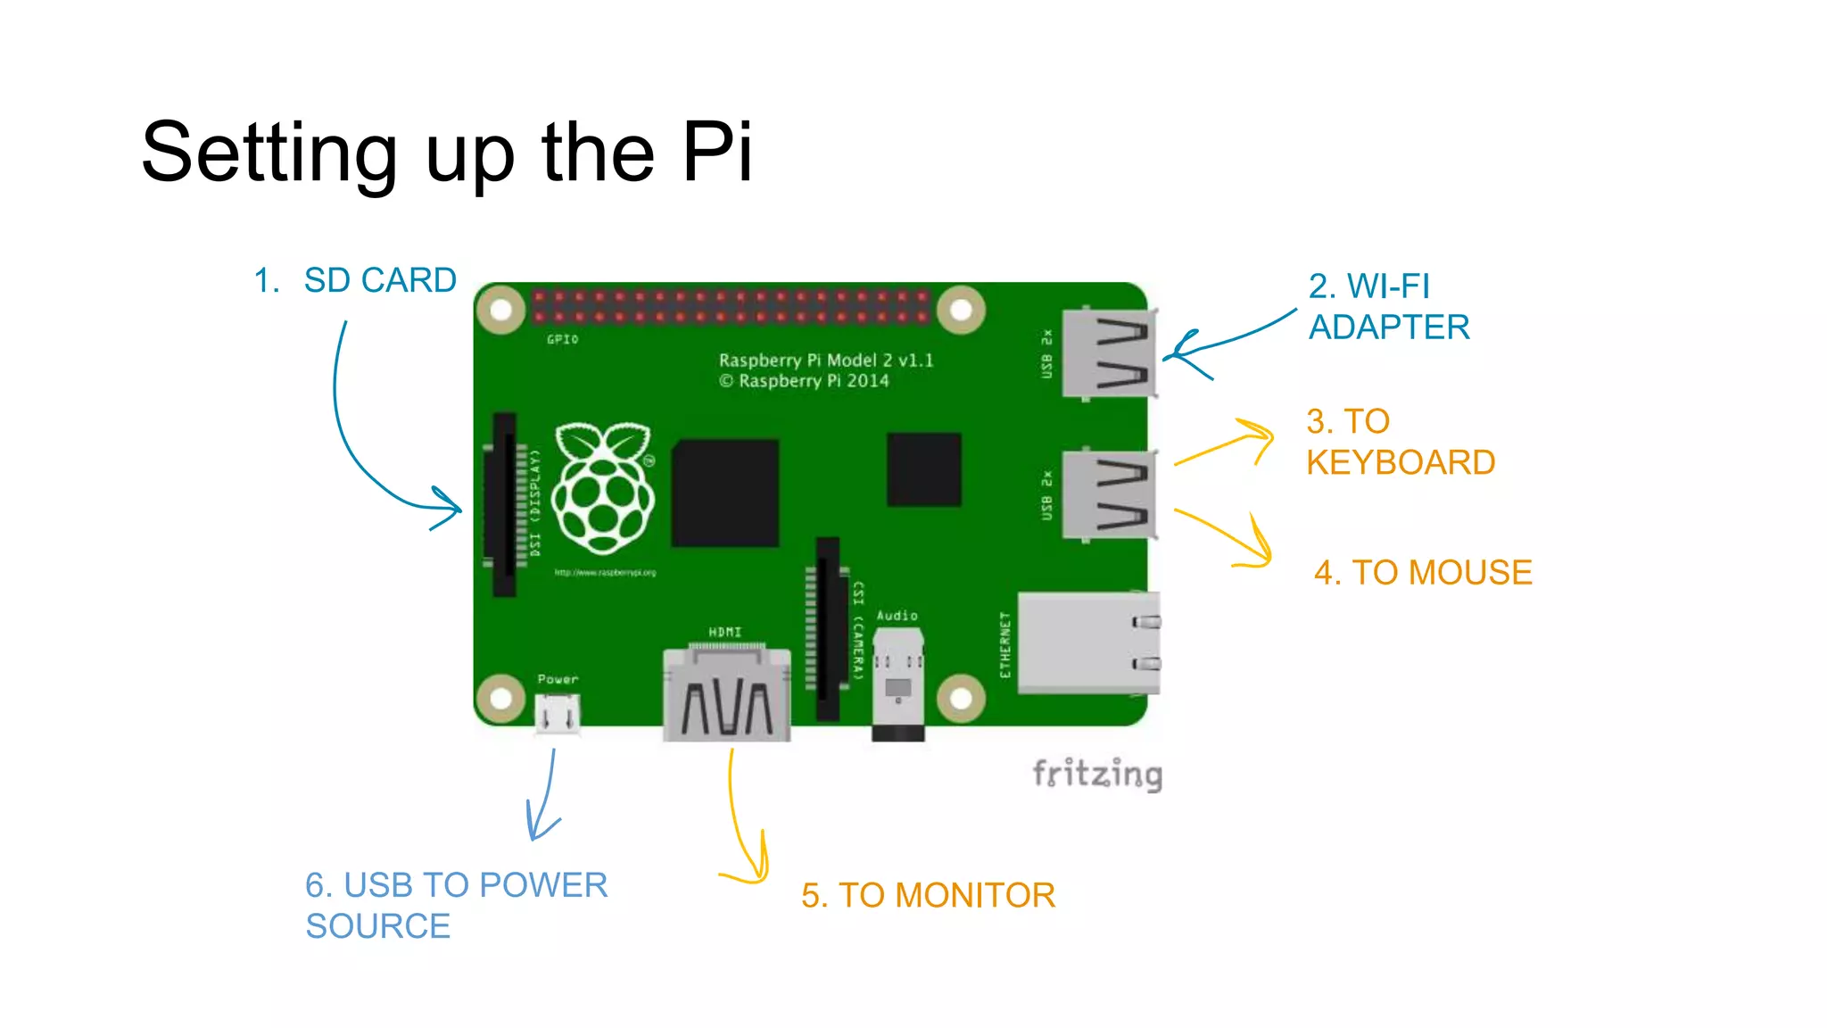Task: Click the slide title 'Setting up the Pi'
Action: [x=446, y=152]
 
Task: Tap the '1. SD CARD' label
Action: [x=355, y=280]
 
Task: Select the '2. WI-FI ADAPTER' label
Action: [x=1388, y=307]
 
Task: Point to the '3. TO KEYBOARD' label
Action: [x=1400, y=442]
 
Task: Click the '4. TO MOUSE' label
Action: [x=1423, y=572]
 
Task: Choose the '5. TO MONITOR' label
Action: [x=928, y=895]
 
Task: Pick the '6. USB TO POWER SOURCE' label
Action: [x=456, y=905]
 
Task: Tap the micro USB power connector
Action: [x=558, y=714]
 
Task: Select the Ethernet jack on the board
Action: [x=1088, y=642]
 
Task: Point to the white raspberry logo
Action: [x=603, y=487]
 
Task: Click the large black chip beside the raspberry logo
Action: [x=725, y=493]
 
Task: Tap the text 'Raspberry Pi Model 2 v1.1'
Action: [x=826, y=360]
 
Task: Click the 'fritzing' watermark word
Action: [x=1097, y=774]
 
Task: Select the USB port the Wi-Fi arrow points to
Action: [x=1110, y=353]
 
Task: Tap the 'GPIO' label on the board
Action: [x=562, y=339]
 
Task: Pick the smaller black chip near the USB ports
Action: [x=924, y=469]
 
